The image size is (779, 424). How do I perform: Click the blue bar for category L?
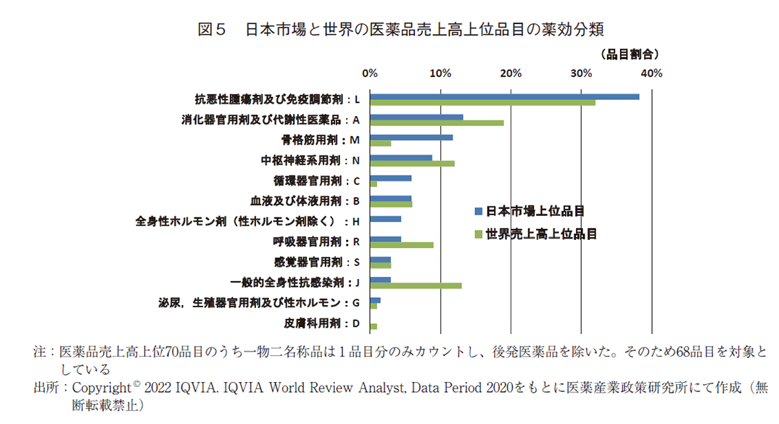pyautogui.click(x=504, y=96)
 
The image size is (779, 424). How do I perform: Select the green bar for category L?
pyautogui.click(x=482, y=103)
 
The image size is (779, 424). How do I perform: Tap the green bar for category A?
pyautogui.click(x=437, y=123)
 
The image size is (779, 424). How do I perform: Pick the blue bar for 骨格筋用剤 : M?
pyautogui.click(x=411, y=137)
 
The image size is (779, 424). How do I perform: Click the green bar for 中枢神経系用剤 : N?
pyautogui.click(x=412, y=164)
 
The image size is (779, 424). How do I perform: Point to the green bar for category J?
pyautogui.click(x=416, y=286)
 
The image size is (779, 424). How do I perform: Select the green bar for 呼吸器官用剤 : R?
pyautogui.click(x=401, y=245)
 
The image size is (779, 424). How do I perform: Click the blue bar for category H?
pyautogui.click(x=385, y=218)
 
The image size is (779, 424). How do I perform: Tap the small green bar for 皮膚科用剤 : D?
pyautogui.click(x=374, y=326)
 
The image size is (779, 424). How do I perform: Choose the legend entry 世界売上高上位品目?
pyautogui.click(x=540, y=233)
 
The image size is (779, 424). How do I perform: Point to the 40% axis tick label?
pyautogui.click(x=651, y=73)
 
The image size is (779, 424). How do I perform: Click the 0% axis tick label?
pyautogui.click(x=369, y=73)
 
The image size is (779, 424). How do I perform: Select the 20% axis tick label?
pyautogui.click(x=510, y=73)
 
